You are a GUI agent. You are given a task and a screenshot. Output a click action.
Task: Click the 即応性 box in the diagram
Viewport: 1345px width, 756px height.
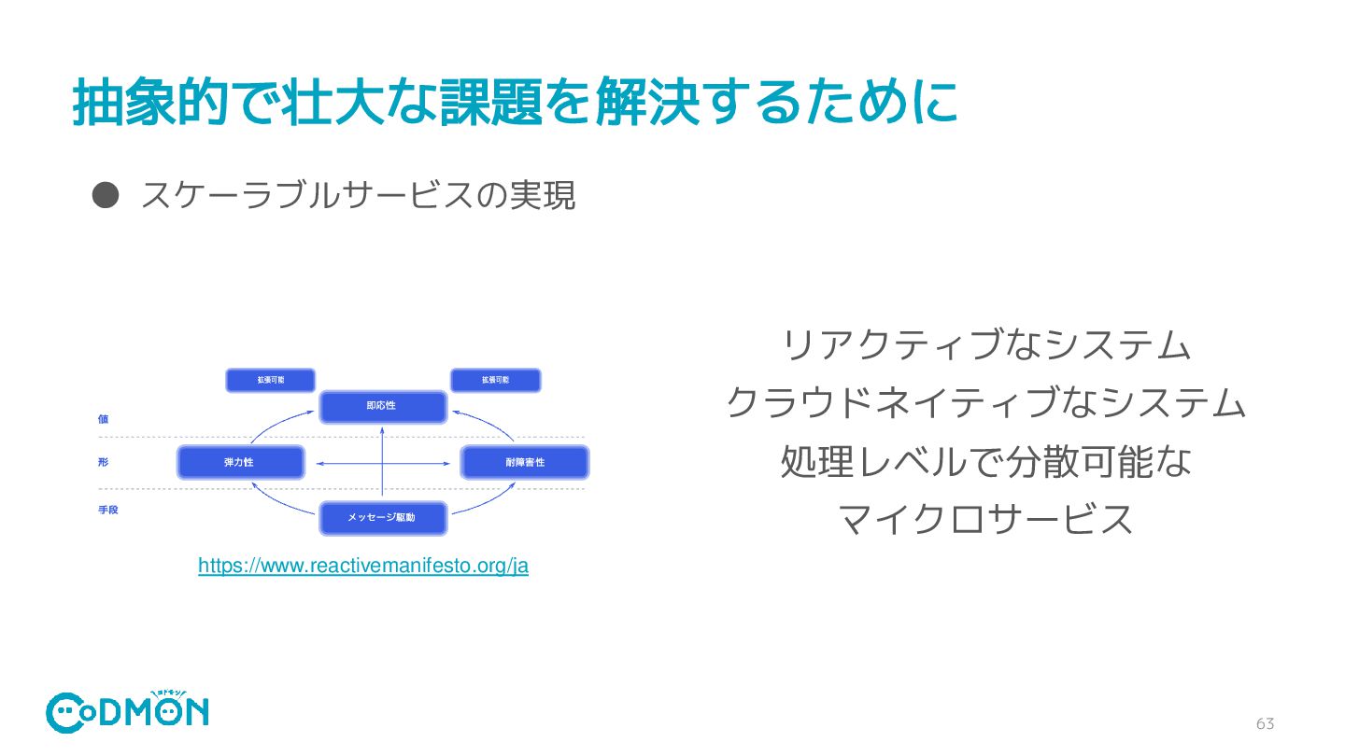pos(383,407)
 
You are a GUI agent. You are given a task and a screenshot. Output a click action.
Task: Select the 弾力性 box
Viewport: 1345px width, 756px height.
pos(240,463)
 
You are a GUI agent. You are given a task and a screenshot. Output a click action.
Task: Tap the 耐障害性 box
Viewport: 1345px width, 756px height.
pos(525,463)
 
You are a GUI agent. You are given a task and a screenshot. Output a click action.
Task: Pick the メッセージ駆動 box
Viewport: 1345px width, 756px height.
pos(383,517)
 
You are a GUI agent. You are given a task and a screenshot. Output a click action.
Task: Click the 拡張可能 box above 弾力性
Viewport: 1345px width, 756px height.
pos(271,381)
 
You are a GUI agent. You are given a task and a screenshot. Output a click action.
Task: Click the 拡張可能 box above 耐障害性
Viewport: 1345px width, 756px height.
pos(495,381)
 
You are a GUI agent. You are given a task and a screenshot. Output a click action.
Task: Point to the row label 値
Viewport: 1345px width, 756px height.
pos(103,419)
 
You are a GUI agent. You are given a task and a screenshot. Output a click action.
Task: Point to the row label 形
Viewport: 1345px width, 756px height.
pos(103,463)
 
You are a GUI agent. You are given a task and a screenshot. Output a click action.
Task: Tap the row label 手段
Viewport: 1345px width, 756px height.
pos(108,511)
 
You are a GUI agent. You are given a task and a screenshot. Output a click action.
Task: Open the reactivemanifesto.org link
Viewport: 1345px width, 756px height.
pos(363,567)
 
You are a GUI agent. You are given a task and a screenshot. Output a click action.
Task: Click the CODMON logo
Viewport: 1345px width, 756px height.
pos(128,711)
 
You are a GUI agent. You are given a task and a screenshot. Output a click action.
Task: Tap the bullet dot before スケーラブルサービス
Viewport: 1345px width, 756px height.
pos(106,194)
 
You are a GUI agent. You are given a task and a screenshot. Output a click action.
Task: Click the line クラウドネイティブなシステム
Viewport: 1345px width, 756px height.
pos(986,405)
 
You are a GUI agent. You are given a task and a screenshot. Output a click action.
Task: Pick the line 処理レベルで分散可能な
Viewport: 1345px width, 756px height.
pos(986,462)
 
